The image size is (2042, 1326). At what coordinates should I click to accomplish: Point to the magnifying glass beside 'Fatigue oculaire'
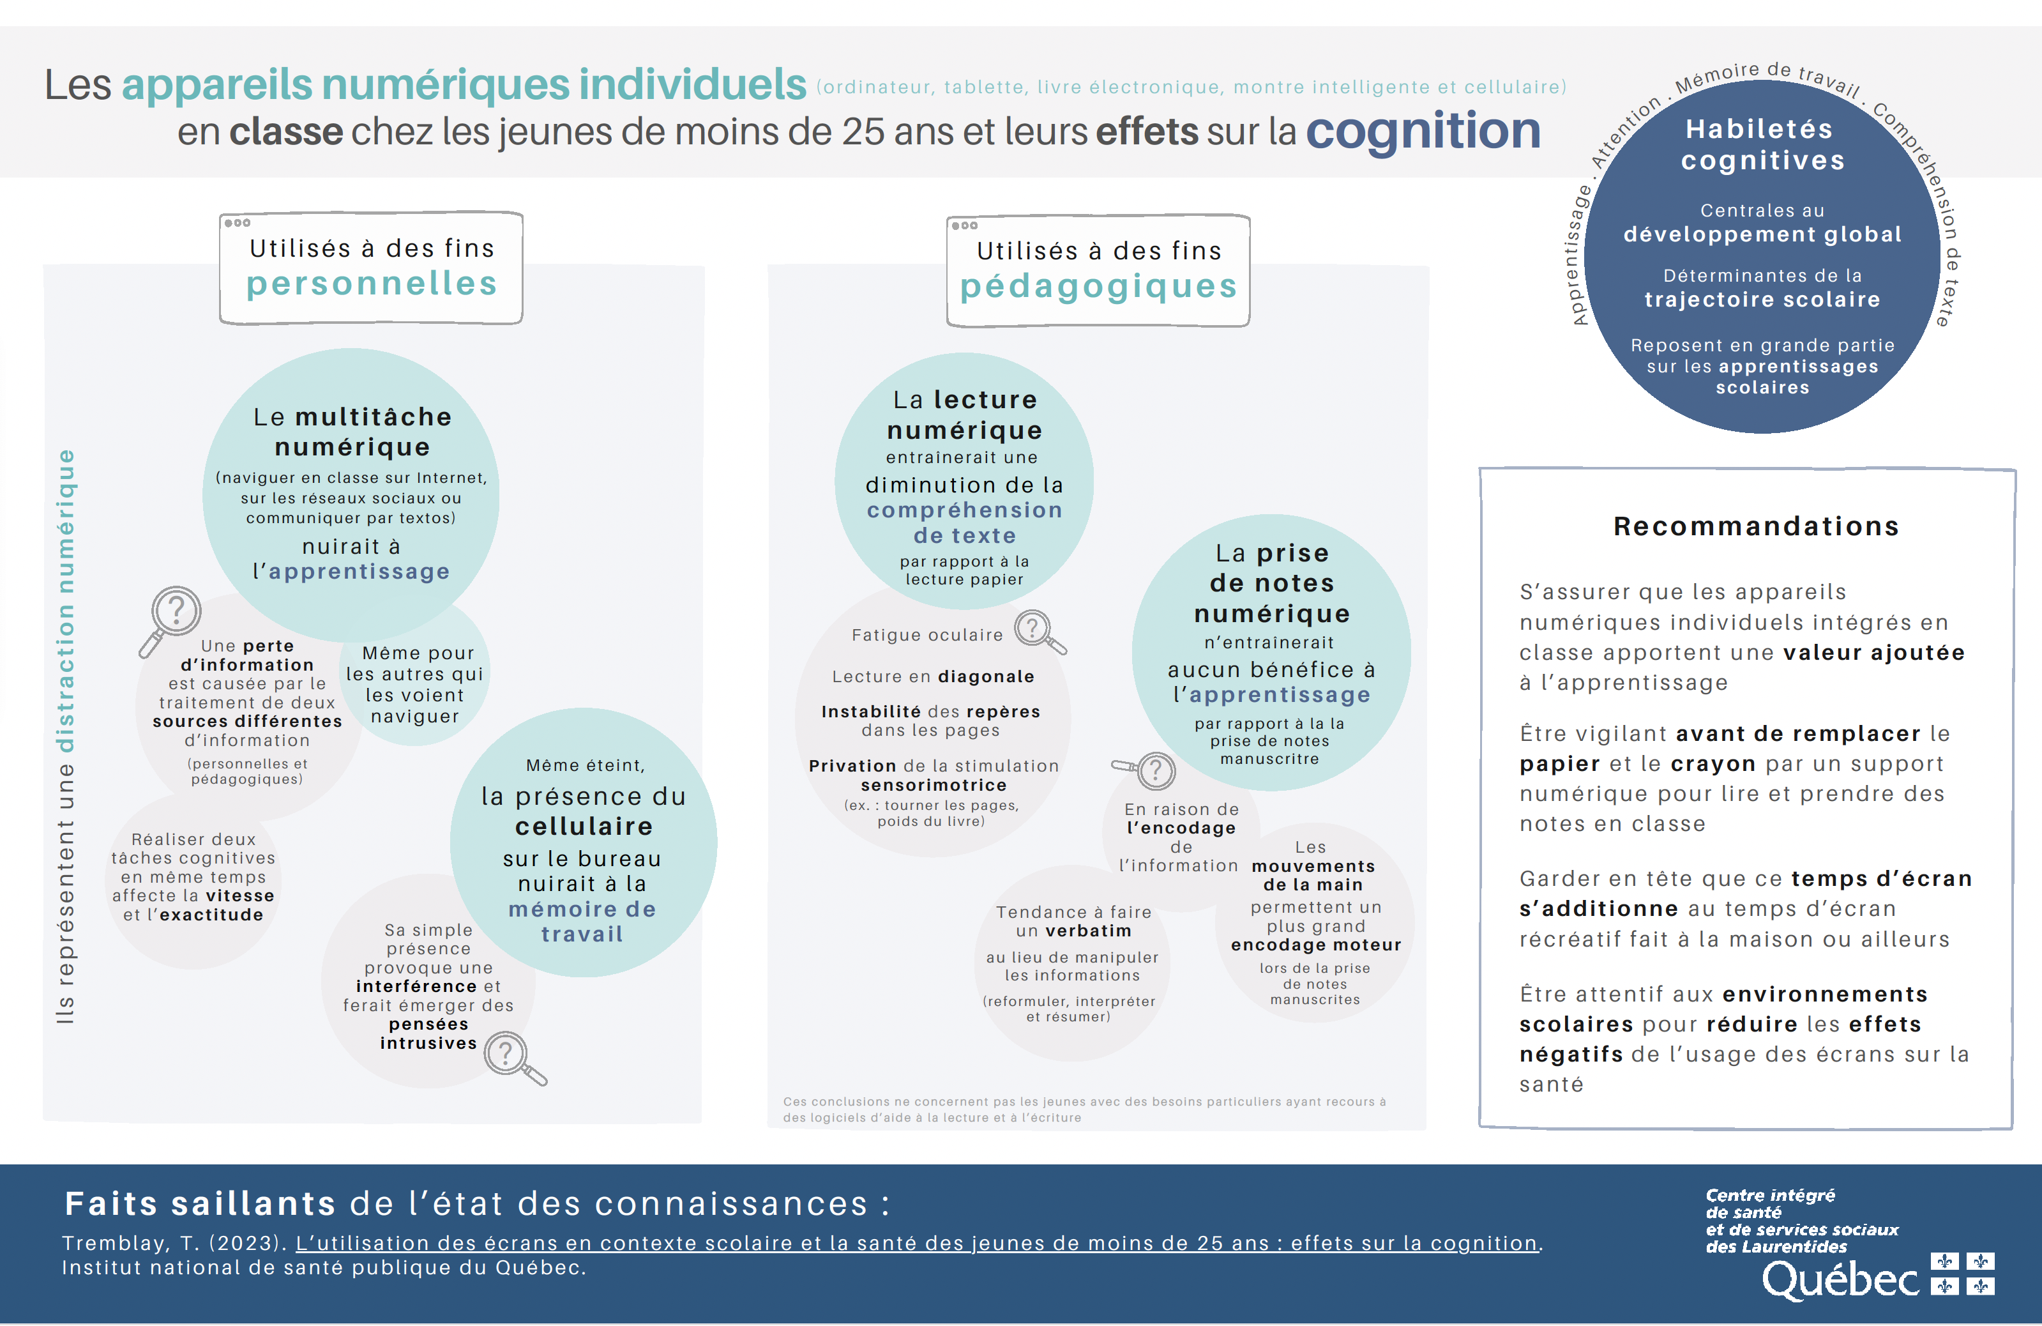[1038, 631]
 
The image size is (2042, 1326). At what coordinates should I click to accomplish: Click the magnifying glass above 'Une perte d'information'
[172, 616]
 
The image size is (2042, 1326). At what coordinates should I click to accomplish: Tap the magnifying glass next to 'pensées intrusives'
[512, 1056]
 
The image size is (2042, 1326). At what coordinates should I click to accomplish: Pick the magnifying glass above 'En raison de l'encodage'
[1150, 770]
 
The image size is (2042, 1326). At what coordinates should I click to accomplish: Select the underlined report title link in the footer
[916, 1243]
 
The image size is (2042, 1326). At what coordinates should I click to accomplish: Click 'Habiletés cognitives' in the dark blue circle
[1762, 144]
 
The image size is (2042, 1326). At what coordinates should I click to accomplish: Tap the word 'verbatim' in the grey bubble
[1088, 931]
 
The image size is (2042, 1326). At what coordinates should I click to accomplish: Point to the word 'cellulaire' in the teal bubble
[584, 827]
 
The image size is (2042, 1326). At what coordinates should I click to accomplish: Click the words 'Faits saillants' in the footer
[200, 1203]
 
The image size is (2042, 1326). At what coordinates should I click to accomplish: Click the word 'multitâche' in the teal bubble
[374, 417]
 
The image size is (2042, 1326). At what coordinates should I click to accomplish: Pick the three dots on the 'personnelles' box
[237, 223]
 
